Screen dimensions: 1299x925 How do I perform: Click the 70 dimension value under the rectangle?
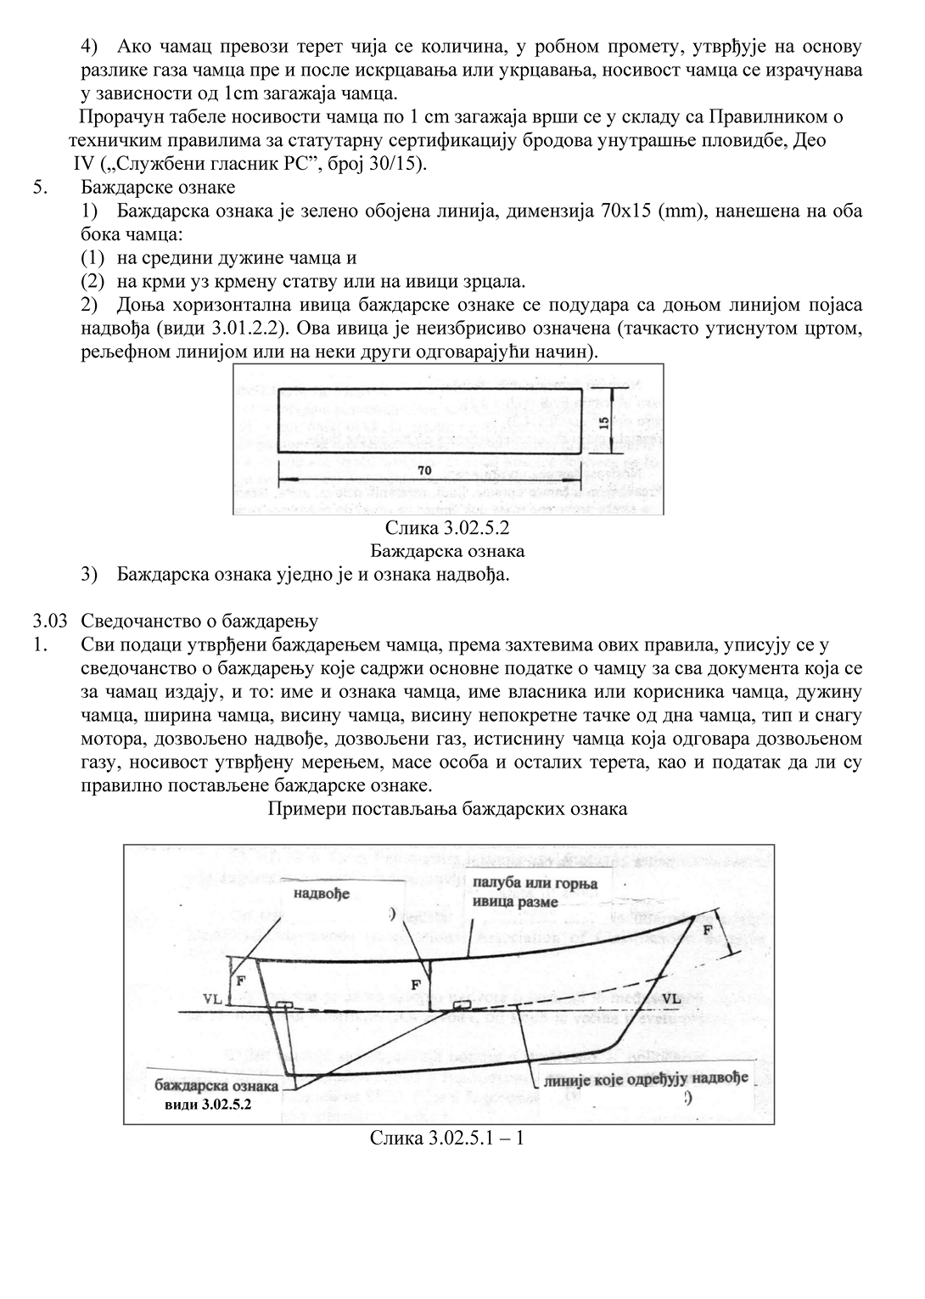point(424,470)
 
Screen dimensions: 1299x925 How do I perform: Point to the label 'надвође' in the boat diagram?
point(322,892)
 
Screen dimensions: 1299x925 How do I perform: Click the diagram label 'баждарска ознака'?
point(216,1086)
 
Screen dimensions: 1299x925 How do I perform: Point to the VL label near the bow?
point(670,998)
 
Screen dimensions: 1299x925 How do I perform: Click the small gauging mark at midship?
point(462,1005)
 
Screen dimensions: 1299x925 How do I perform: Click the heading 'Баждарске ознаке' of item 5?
point(159,186)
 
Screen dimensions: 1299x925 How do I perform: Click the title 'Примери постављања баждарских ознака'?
point(447,808)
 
